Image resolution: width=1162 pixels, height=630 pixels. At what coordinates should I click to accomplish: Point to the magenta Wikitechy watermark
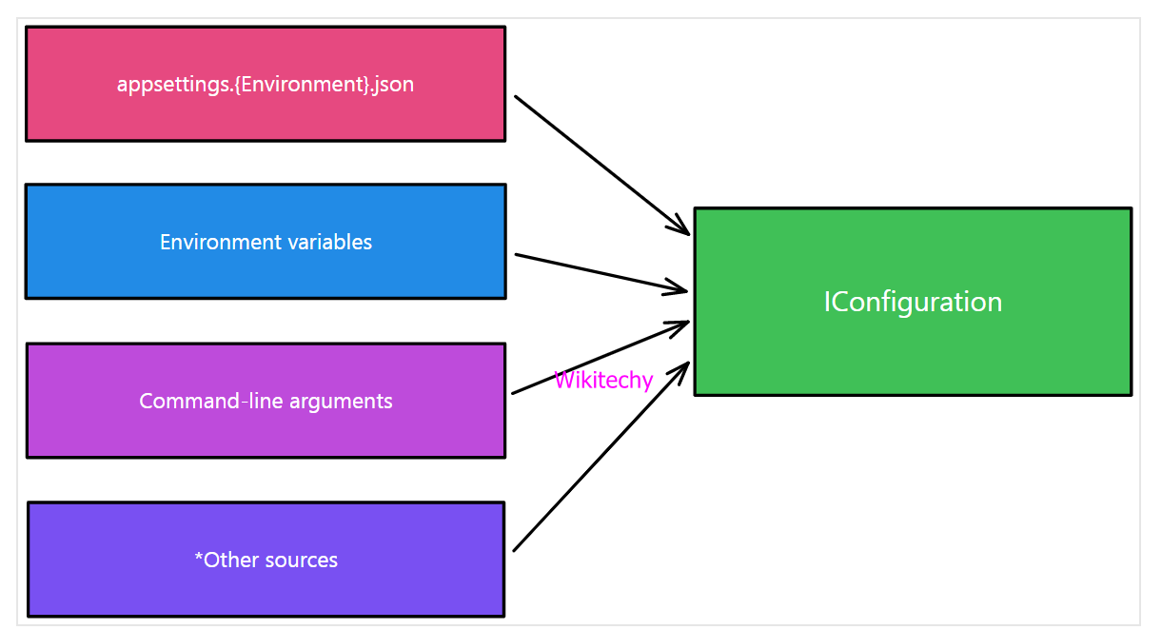(603, 381)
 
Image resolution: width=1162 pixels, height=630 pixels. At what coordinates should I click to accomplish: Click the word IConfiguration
(913, 303)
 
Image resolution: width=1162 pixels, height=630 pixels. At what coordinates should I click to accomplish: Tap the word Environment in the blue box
(203, 243)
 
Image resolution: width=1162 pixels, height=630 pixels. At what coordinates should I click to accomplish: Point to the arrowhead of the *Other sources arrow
(684, 366)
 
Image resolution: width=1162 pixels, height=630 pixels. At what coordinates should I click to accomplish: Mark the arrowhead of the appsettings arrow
(684, 230)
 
